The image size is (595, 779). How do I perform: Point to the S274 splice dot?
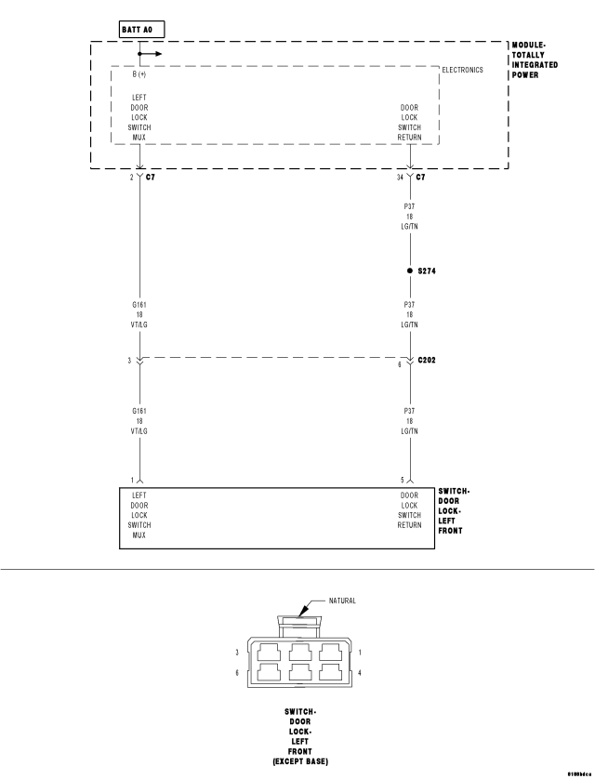coord(409,271)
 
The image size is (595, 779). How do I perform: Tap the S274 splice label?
coord(428,271)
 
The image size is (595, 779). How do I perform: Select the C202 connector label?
coord(429,360)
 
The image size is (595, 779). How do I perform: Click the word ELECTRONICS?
coord(462,70)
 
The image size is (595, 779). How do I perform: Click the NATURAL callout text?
coord(342,601)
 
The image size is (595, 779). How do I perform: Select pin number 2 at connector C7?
coord(132,176)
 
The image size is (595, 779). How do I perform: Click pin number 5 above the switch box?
coord(403,480)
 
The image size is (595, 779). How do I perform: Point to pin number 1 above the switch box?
coord(132,480)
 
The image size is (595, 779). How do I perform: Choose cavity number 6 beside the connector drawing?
coord(237,672)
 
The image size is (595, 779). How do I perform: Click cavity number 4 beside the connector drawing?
coord(360,672)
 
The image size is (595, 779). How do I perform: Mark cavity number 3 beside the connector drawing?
coord(237,652)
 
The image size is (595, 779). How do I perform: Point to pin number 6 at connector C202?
coord(401,364)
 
